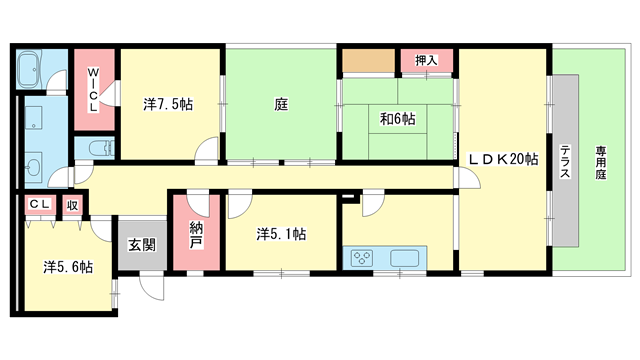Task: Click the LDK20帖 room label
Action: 503,159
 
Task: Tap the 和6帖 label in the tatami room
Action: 398,119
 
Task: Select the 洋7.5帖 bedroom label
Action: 168,104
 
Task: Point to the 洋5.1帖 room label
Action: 281,234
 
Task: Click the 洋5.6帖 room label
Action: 68,267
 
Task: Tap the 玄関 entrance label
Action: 142,244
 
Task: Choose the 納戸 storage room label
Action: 196,235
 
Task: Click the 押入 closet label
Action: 426,60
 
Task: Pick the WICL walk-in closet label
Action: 93,90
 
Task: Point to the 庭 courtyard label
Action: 281,104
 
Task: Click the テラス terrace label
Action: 565,162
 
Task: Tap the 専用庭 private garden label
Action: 600,163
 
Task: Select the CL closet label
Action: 40,204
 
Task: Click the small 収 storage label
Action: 72,205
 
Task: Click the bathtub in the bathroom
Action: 29,69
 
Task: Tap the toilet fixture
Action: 101,148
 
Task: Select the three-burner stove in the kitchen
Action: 362,258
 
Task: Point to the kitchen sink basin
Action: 404,258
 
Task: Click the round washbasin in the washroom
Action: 33,167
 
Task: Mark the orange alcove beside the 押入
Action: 369,61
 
